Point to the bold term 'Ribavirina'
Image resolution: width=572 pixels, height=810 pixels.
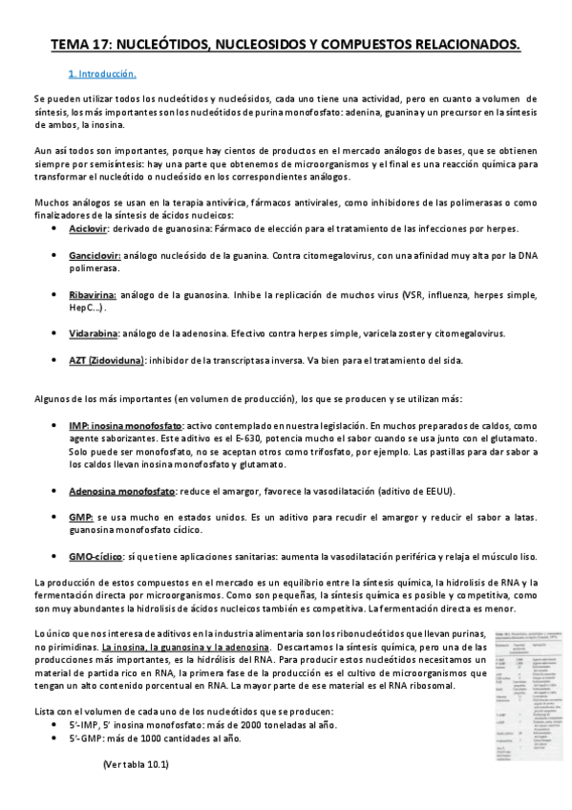click(x=93, y=295)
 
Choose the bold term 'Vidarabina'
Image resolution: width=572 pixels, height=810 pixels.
click(x=94, y=333)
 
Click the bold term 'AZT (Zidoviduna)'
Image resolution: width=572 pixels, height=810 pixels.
click(x=106, y=360)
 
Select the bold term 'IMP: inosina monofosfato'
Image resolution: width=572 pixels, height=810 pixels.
click(x=123, y=424)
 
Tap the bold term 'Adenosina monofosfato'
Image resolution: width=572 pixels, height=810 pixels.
click(x=122, y=491)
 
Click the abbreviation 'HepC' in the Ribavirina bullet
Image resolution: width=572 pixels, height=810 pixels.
click(x=80, y=308)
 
